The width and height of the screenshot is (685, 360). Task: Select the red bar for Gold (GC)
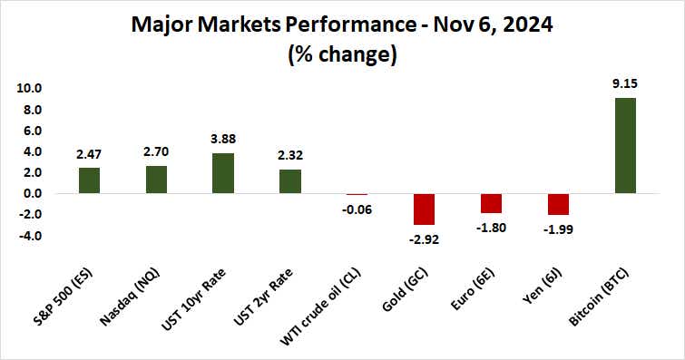click(424, 209)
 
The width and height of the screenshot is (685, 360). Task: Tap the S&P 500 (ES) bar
click(89, 180)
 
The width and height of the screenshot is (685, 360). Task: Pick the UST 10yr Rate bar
click(223, 173)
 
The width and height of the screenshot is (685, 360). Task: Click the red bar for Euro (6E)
click(491, 203)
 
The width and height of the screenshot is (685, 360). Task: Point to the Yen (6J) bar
click(558, 204)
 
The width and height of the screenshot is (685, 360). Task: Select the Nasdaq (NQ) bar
click(156, 180)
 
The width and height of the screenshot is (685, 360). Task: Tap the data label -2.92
click(424, 239)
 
